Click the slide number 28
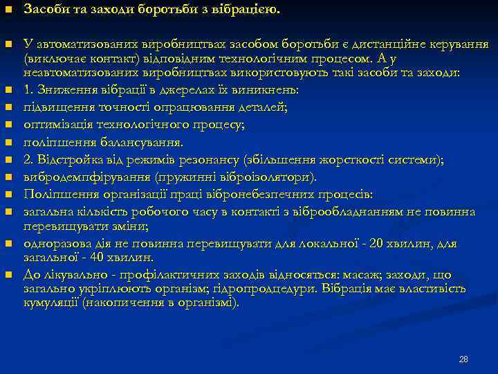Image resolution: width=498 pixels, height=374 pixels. pyautogui.click(x=463, y=359)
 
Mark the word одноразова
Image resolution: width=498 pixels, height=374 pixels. pyautogui.click(x=56, y=244)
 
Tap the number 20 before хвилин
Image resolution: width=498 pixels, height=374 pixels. pyautogui.click(x=378, y=244)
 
